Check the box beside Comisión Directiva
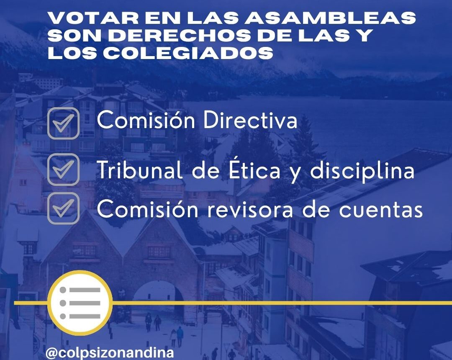tap(63, 123)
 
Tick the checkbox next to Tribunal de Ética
tap(63, 169)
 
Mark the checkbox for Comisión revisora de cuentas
tap(63, 208)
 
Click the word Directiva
tap(250, 120)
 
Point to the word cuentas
tap(381, 210)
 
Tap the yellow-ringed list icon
tap(80, 303)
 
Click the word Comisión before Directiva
tap(146, 120)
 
